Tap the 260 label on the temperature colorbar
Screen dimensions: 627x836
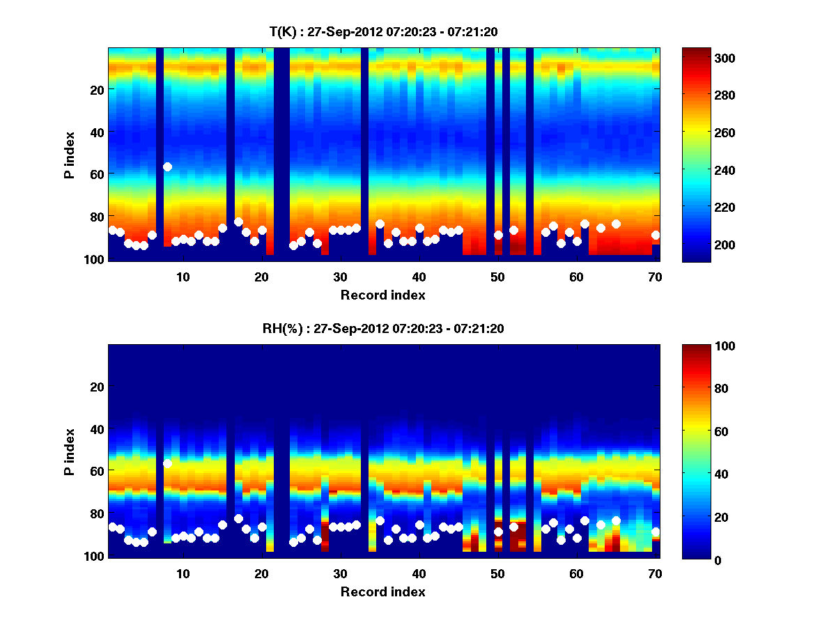[x=704, y=132]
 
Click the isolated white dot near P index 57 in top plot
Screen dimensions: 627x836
[x=167, y=167]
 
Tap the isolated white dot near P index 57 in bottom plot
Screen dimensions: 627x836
[x=167, y=463]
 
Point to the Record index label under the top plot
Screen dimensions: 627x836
[x=382, y=295]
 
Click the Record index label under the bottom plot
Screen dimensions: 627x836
[x=382, y=592]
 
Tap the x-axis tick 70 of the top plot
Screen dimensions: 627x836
[x=655, y=277]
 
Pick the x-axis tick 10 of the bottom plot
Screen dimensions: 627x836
[x=183, y=573]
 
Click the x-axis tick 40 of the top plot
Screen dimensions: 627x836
[x=419, y=277]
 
